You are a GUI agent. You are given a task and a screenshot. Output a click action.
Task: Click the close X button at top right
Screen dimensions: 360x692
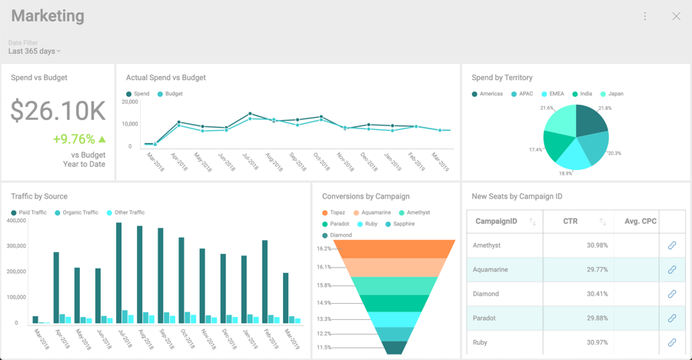(676, 16)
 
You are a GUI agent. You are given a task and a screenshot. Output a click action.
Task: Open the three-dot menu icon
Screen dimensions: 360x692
(644, 16)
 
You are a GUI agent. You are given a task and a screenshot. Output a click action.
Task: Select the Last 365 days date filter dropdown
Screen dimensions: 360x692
(35, 52)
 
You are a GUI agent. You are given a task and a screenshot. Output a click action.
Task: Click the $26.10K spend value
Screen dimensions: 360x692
(58, 111)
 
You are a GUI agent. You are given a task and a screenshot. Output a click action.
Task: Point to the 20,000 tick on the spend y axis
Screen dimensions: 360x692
(129, 102)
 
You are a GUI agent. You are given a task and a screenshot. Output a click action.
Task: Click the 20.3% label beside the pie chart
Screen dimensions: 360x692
(614, 153)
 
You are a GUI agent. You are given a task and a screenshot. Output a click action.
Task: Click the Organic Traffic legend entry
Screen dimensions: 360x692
(76, 212)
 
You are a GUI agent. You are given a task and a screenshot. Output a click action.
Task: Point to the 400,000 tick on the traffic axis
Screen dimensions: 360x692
(17, 221)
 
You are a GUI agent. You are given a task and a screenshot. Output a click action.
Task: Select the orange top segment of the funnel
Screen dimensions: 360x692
(394, 248)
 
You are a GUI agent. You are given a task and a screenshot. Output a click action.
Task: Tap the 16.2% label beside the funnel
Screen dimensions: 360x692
(324, 248)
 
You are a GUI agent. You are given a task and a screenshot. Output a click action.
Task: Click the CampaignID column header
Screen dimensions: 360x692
(496, 222)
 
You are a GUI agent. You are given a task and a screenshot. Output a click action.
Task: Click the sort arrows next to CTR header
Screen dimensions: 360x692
(603, 222)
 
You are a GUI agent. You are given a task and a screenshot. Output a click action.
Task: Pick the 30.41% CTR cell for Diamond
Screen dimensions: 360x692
(597, 294)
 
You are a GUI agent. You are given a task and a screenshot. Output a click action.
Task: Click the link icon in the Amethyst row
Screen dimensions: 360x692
(671, 245)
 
